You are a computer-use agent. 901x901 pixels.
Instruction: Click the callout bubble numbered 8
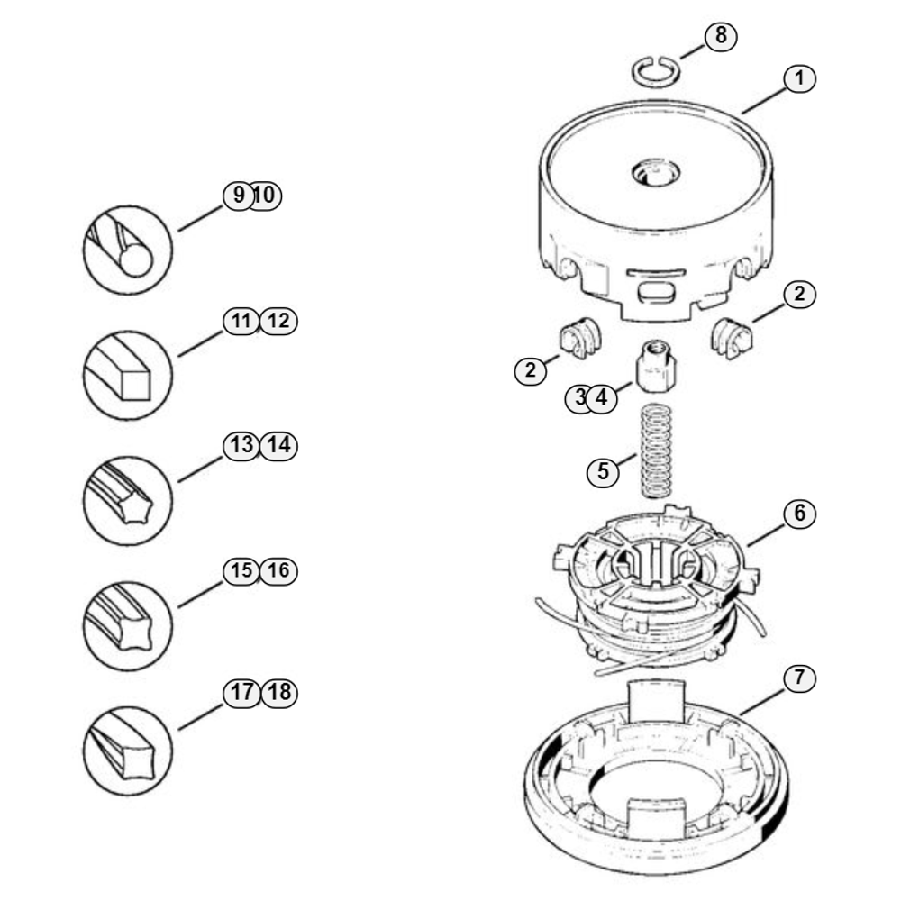721,36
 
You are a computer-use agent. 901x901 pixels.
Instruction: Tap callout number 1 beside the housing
799,78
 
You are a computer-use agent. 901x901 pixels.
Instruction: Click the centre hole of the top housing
656,173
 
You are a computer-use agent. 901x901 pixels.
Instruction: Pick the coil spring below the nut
656,450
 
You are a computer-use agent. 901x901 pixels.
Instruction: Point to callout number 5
603,472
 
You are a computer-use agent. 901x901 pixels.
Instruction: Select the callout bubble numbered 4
602,397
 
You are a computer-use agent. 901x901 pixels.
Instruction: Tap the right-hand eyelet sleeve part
732,339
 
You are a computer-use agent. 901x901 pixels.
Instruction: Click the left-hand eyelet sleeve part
579,338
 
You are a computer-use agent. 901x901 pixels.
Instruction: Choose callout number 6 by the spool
799,514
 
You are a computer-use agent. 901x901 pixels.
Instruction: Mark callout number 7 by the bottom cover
799,678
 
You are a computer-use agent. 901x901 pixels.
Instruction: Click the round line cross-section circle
128,250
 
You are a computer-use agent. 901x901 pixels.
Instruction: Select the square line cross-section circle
128,375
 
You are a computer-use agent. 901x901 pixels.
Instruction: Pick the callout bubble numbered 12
278,321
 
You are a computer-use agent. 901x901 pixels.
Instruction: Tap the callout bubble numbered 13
241,445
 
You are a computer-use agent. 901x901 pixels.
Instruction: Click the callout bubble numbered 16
278,570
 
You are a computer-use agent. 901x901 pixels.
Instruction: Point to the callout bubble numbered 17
241,692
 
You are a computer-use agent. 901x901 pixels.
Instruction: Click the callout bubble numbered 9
239,196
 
